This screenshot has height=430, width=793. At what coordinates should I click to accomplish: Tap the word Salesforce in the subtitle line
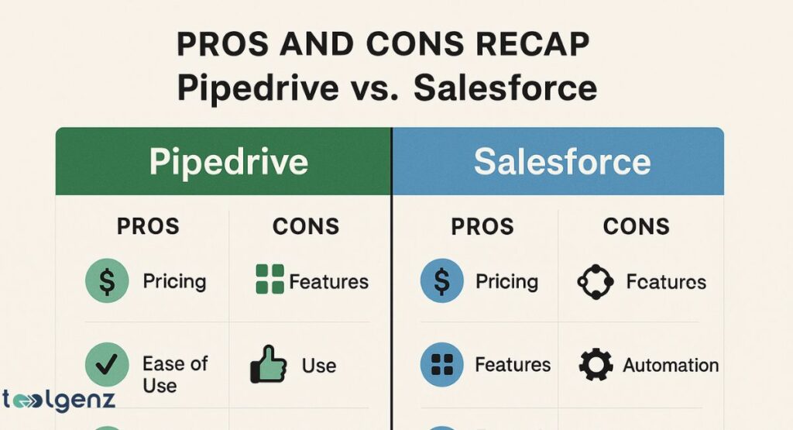tap(505, 88)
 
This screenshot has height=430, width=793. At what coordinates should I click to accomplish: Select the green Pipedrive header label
tap(228, 162)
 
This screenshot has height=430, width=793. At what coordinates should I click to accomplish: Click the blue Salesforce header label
tap(562, 162)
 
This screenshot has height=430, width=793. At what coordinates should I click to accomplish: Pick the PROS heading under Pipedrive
tap(148, 226)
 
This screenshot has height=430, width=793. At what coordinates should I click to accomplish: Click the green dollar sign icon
tap(107, 280)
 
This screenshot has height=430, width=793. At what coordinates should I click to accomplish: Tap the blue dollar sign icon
tap(442, 280)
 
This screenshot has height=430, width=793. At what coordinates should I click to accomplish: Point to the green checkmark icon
tap(107, 365)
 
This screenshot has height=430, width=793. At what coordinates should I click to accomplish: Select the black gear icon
tap(596, 365)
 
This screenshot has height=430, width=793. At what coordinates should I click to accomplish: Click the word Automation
tap(671, 365)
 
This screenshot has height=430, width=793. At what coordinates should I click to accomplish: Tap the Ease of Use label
tap(175, 373)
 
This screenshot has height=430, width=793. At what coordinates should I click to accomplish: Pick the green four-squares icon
tap(269, 280)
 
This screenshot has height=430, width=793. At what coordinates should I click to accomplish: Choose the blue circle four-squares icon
tap(442, 365)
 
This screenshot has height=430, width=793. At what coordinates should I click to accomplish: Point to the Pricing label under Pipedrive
tap(174, 280)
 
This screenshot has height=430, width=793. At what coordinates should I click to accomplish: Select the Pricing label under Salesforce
tap(506, 280)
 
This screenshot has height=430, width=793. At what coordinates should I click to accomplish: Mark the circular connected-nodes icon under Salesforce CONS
tap(596, 281)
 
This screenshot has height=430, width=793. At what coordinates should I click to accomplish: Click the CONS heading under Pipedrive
tap(306, 226)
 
